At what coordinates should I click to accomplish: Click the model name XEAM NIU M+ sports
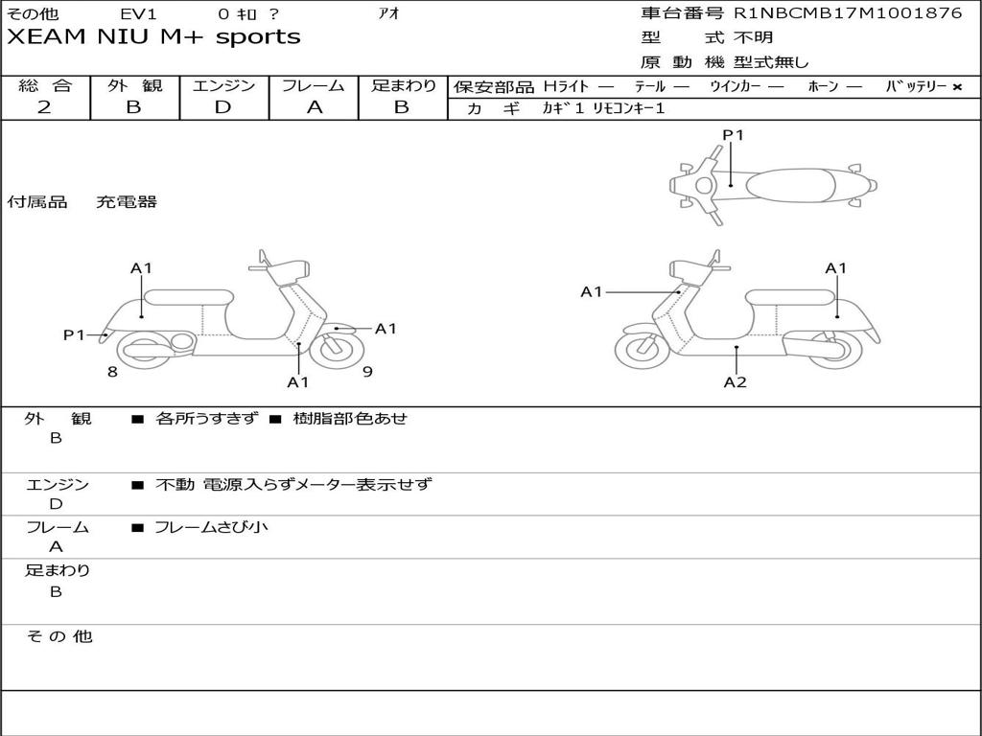(x=153, y=37)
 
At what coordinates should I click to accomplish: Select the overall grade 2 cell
(x=44, y=107)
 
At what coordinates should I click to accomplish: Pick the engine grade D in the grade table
(x=222, y=107)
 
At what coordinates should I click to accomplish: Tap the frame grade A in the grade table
(x=314, y=107)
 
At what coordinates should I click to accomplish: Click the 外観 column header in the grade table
(x=134, y=85)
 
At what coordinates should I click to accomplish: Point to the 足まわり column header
(x=403, y=85)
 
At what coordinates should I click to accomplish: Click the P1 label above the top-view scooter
(x=733, y=135)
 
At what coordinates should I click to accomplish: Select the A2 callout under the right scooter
(x=735, y=382)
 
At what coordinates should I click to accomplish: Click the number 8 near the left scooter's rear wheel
(x=112, y=372)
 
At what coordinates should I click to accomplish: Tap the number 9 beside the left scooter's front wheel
(x=367, y=372)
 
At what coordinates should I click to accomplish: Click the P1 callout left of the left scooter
(x=75, y=334)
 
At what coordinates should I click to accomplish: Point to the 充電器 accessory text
(x=126, y=202)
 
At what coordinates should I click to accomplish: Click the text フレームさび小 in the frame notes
(x=211, y=527)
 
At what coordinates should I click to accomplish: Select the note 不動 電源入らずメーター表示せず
(x=293, y=485)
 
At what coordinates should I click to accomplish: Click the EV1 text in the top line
(x=139, y=14)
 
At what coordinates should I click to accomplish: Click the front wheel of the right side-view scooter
(x=642, y=349)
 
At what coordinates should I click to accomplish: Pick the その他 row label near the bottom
(x=58, y=636)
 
